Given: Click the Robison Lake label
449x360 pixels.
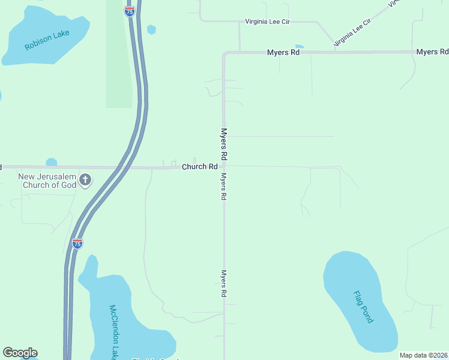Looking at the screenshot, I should point(47,39).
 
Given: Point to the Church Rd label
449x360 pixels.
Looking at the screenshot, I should point(199,166).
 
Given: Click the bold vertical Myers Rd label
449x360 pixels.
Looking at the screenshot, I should point(223,144).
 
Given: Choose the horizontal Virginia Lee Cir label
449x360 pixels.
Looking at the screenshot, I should point(268,22).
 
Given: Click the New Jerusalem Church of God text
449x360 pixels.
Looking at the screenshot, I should point(47,181).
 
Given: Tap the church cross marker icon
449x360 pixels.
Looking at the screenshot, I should point(85,179).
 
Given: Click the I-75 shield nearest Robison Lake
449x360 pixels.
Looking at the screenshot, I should point(129,11).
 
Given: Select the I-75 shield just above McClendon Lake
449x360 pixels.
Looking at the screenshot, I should point(77,243).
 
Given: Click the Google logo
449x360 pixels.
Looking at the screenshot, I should point(20,353).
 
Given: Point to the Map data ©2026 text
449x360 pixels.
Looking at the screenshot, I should point(423,355).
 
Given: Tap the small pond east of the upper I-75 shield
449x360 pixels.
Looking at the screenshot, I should point(151,29).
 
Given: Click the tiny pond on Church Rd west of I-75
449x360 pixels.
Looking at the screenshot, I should point(51,162).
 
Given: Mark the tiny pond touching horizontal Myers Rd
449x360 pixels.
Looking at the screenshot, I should point(300,47).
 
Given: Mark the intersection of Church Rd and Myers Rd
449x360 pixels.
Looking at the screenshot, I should point(224,167).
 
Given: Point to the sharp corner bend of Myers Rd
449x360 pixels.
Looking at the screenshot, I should point(224,53).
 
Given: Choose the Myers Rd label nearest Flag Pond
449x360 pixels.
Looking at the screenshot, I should point(223,283).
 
